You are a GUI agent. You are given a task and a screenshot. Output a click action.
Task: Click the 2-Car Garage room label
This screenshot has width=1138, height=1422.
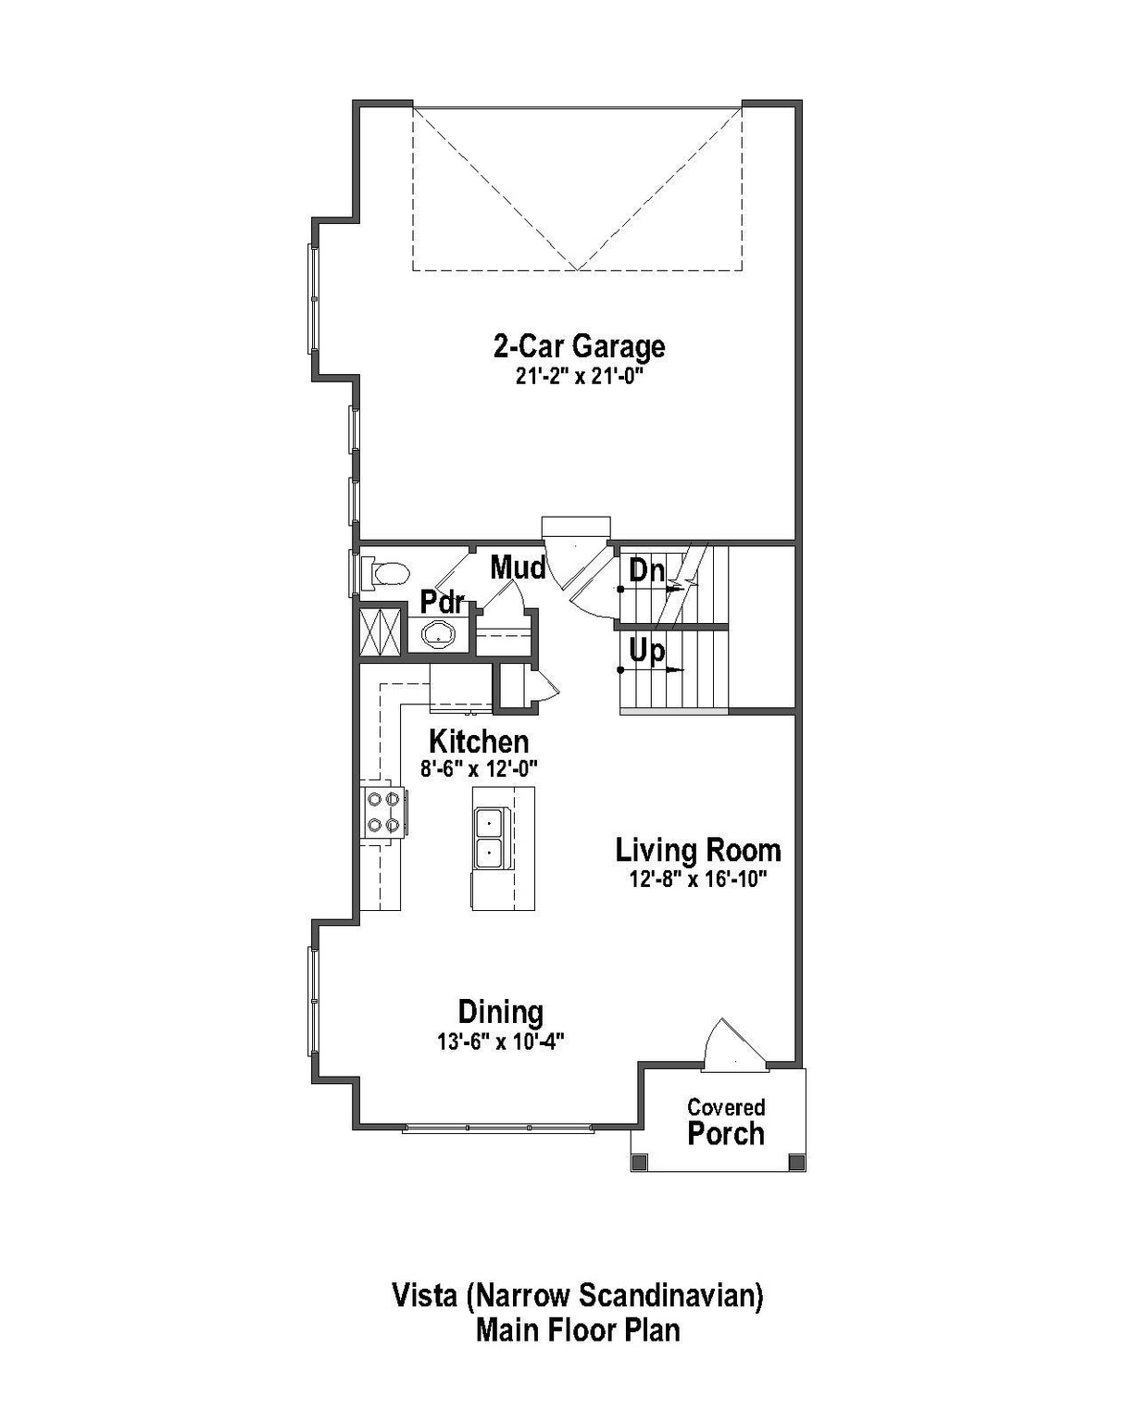579,346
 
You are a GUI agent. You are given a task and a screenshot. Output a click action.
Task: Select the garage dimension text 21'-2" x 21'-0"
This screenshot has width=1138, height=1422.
579,377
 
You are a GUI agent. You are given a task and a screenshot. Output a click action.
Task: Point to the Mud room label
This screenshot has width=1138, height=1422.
517,568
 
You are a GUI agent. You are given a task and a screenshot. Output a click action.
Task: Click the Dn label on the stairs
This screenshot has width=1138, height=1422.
646,570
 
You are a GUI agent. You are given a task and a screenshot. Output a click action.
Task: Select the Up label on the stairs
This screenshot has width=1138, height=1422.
646,651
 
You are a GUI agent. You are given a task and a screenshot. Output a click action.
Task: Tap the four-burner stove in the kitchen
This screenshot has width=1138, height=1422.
383,812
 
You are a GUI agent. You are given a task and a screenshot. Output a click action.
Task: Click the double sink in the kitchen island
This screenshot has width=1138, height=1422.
488,836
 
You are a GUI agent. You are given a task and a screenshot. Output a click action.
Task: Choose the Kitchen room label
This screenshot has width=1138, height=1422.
479,742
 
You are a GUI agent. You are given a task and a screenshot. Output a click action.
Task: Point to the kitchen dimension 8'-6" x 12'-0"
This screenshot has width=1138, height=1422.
479,768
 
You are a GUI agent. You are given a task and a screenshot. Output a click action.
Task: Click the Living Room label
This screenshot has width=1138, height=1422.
698,850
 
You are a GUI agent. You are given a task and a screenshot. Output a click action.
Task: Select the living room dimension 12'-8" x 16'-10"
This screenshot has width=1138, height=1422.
698,879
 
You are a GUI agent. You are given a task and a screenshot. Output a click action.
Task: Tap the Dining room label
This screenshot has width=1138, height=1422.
501,1012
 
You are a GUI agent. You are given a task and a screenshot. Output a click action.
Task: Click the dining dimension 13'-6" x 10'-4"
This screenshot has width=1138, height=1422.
501,1042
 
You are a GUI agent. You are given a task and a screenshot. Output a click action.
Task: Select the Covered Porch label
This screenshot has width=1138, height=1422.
726,1122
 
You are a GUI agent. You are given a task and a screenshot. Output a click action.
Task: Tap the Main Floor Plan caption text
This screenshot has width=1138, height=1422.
578,1330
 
